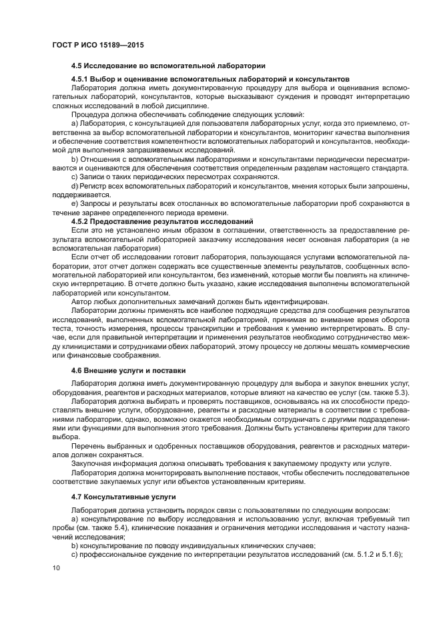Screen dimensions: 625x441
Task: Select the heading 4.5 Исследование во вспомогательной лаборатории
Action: pos(168,66)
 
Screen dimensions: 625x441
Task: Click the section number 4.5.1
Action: pos(81,79)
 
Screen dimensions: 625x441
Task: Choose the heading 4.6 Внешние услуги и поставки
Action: pos(128,370)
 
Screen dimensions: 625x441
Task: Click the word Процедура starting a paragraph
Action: pos(92,114)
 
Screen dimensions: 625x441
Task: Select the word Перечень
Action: pos(91,445)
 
